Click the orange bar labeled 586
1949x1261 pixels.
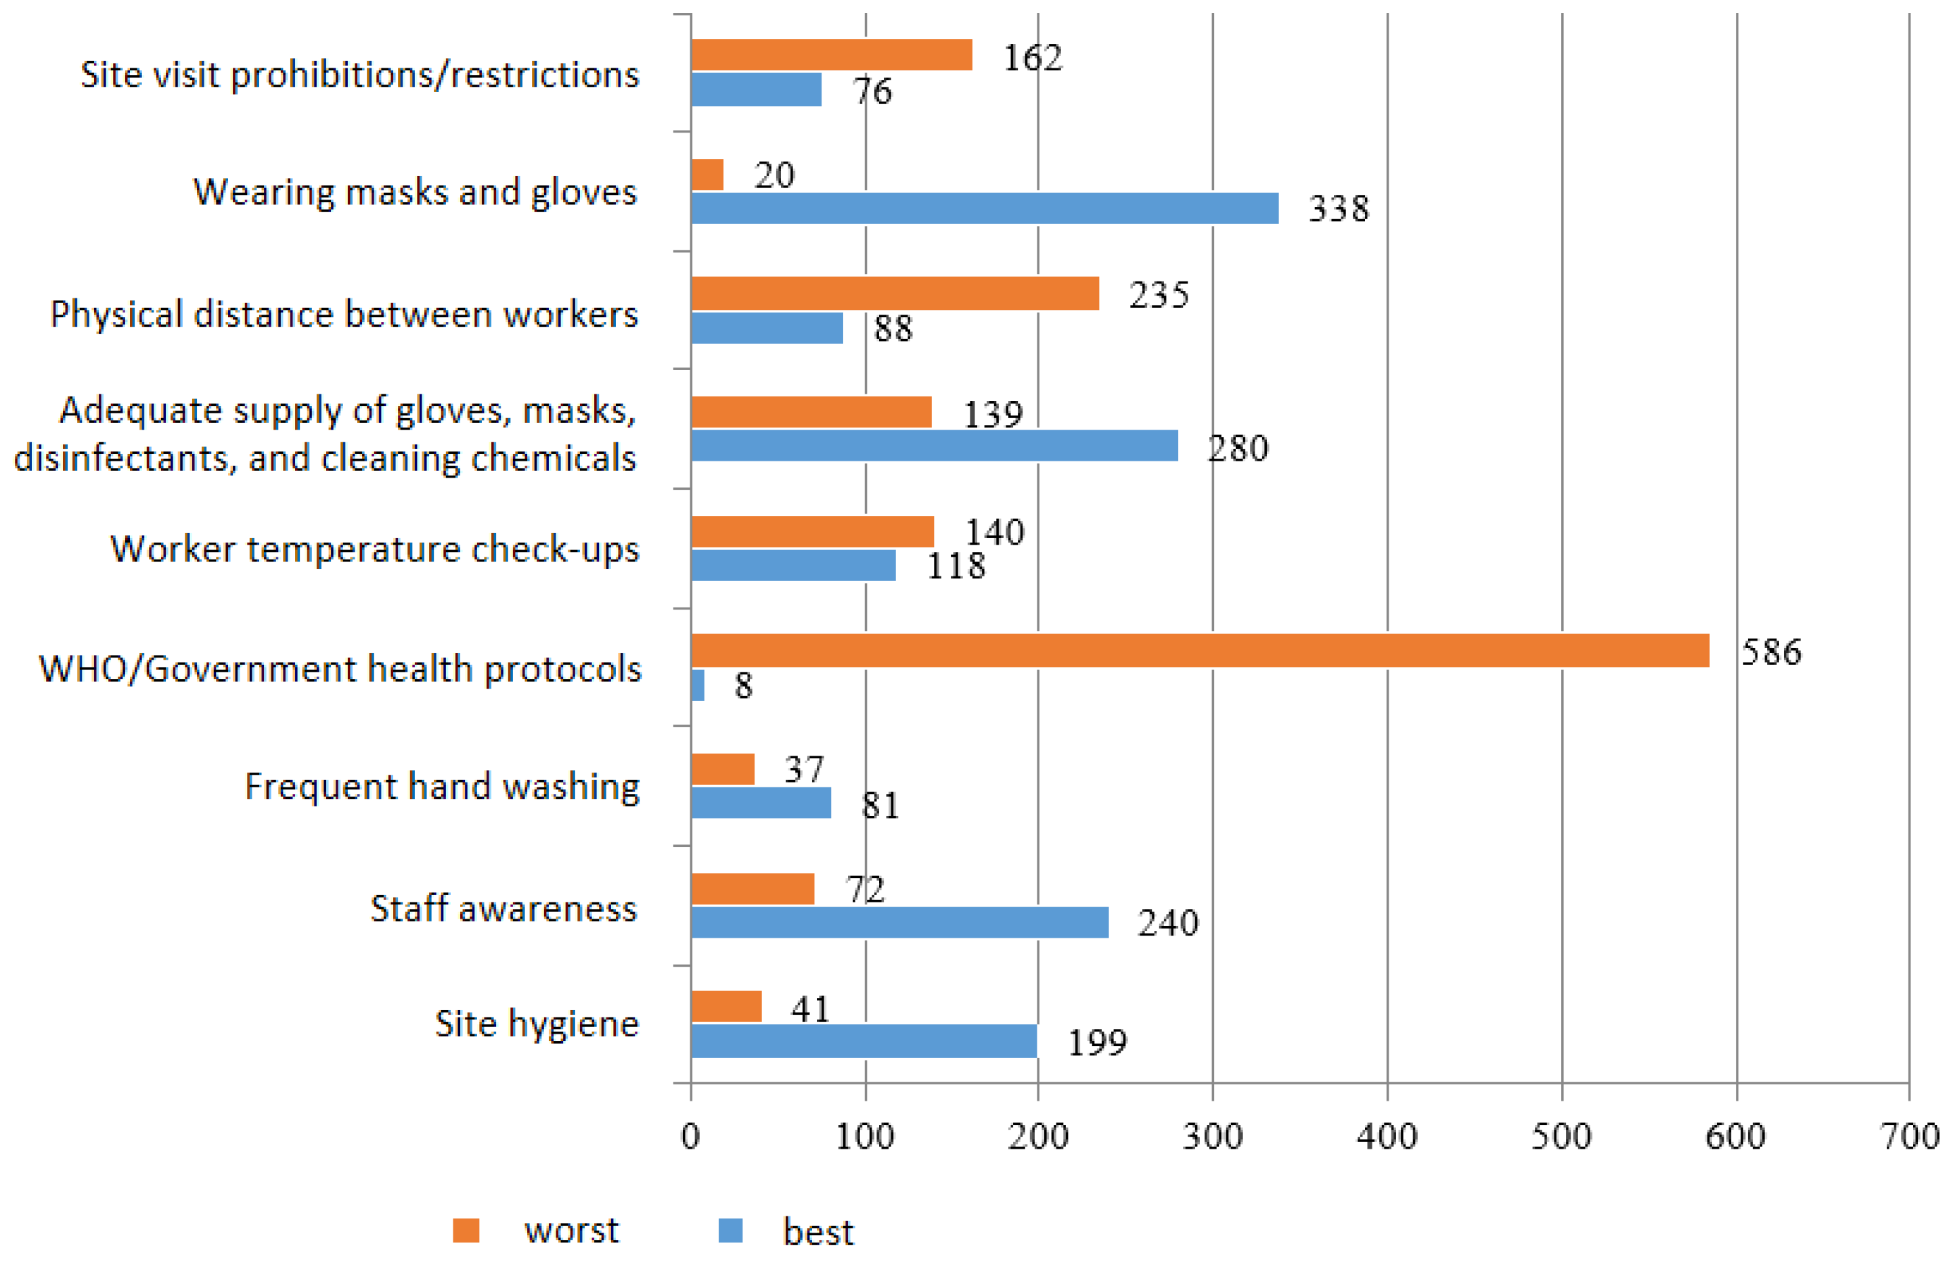(x=1200, y=650)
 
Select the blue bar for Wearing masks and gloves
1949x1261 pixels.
(x=985, y=208)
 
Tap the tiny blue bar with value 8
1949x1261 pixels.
(x=698, y=685)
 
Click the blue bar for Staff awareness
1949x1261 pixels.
(x=899, y=923)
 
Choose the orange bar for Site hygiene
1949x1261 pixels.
(x=726, y=1007)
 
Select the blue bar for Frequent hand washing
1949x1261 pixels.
(x=761, y=802)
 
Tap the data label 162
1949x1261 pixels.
(x=1033, y=58)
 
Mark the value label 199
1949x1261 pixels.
(x=1098, y=1042)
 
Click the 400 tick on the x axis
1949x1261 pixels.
(x=1387, y=1137)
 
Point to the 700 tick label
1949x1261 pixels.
(x=1910, y=1137)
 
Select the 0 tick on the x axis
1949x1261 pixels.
(x=690, y=1137)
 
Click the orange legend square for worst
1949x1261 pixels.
(x=466, y=1230)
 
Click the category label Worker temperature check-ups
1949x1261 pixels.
(x=374, y=549)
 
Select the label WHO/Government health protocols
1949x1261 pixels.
(x=340, y=669)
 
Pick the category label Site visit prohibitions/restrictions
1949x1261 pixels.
(x=359, y=74)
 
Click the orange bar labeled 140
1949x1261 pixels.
(x=811, y=532)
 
